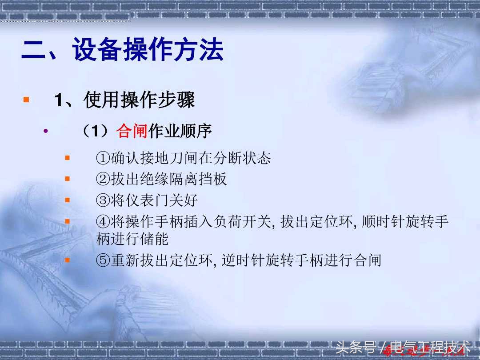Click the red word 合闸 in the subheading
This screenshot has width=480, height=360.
132,131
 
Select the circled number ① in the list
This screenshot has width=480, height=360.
103,158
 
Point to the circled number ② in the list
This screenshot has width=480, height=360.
103,179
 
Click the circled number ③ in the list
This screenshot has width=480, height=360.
103,200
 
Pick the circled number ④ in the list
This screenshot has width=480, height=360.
103,221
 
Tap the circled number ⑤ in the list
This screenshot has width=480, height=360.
103,260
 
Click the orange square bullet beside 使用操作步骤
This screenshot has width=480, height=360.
26,99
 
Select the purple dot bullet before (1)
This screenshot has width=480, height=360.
45,131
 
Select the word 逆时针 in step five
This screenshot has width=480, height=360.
243,260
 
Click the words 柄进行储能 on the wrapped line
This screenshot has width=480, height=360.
132,239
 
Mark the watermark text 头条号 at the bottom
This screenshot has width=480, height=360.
356,347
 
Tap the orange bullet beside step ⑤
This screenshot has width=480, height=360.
68,260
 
